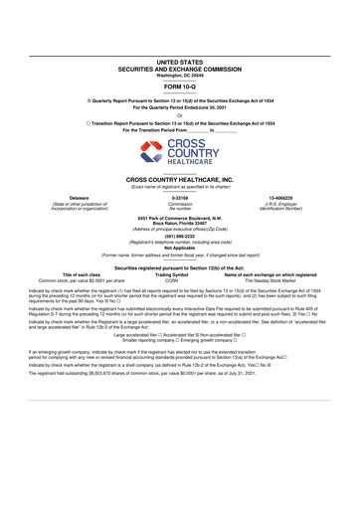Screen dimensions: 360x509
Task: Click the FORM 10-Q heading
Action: [180, 85]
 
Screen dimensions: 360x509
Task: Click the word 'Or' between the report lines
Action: [180, 112]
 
